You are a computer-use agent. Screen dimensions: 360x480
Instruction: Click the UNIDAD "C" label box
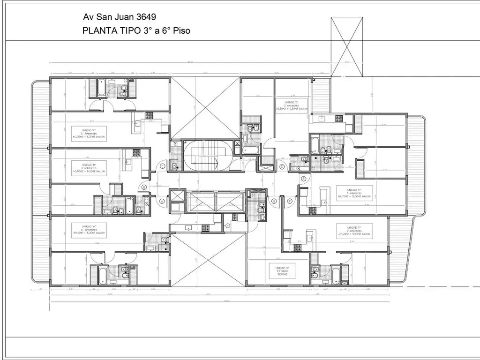tap(89, 134)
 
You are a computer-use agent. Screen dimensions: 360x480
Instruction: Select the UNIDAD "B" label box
tap(89, 168)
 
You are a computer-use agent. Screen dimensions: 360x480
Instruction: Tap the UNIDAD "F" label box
tap(354, 231)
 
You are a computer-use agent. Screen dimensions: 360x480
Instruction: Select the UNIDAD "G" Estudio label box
tap(282, 271)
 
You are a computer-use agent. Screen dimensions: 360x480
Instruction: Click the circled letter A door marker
tap(162, 201)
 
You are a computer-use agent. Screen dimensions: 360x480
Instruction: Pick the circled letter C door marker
tap(162, 165)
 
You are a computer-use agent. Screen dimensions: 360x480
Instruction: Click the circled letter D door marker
tap(282, 166)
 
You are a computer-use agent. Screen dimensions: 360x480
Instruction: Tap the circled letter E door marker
tap(304, 179)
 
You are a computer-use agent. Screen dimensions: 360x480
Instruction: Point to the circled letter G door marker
tap(274, 201)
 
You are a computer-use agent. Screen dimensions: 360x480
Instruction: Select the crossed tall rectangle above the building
tap(346, 46)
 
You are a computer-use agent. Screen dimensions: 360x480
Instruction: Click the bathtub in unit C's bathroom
tap(102, 88)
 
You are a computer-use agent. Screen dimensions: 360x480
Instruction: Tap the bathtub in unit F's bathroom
tap(335, 274)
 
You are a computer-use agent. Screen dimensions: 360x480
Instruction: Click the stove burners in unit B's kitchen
tap(137, 152)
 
